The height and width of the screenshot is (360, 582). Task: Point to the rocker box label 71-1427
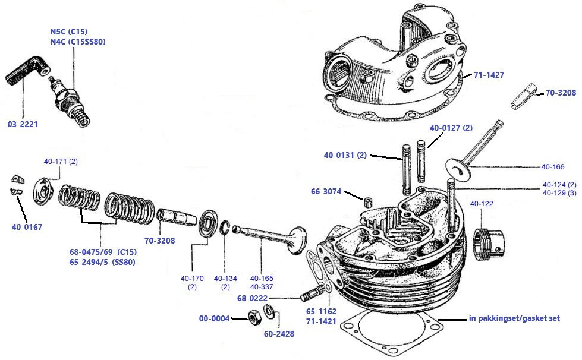point(489,75)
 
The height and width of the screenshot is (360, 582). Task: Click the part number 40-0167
point(27,226)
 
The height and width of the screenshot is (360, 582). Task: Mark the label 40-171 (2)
point(61,162)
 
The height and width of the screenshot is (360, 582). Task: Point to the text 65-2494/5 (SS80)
point(102,261)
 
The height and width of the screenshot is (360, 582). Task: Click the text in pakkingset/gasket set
point(514,318)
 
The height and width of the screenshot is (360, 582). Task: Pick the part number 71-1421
point(322,321)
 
